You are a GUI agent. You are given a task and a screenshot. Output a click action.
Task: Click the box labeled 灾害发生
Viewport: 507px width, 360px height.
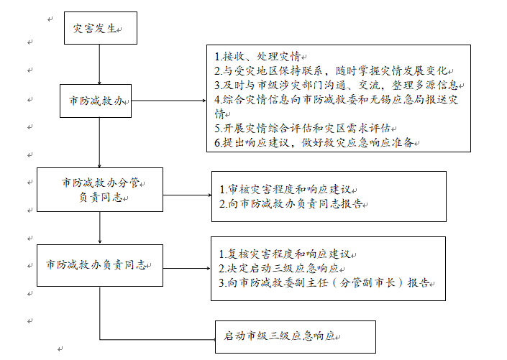(x=99, y=29)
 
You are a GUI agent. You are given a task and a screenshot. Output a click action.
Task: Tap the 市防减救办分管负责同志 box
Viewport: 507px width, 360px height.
(x=99, y=190)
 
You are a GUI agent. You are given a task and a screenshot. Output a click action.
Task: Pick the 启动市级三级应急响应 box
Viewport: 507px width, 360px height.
(x=294, y=336)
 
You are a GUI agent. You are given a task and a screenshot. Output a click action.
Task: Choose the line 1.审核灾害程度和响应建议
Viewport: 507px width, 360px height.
(x=288, y=190)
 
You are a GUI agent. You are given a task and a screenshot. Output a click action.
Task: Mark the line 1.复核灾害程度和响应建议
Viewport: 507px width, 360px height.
(x=288, y=254)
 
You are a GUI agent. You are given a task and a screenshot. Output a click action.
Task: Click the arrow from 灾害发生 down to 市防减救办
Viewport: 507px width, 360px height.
(x=99, y=64)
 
